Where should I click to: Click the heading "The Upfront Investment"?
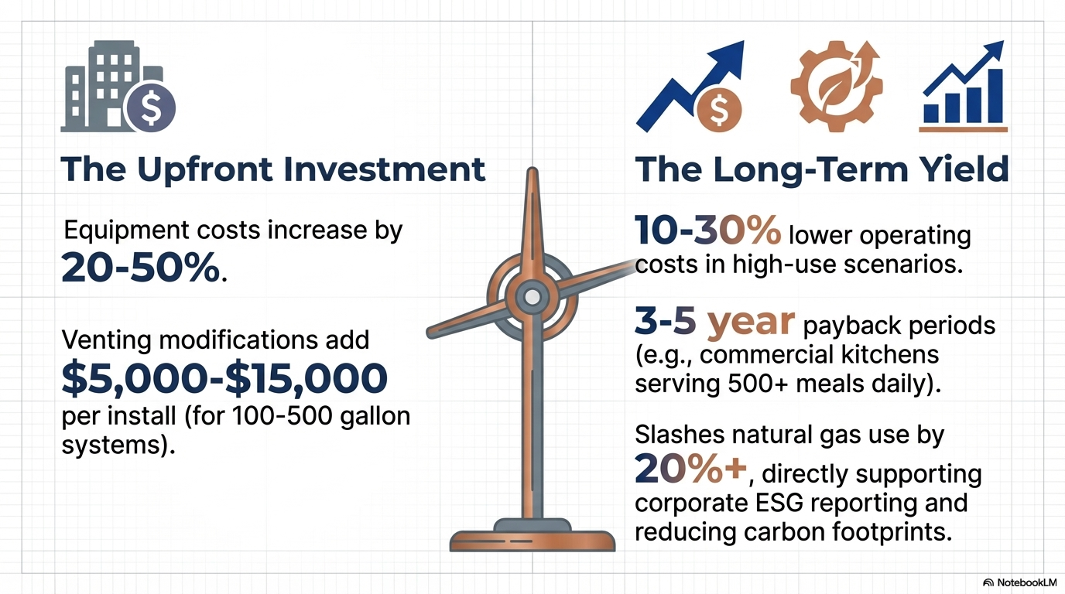coord(273,169)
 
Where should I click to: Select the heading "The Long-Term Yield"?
coord(821,169)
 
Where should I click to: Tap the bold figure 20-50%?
coord(141,268)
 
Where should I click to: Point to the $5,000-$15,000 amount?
coord(224,379)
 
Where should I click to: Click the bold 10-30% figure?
coord(707,230)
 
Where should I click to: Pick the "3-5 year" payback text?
coord(714,323)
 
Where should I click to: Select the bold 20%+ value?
coord(691,468)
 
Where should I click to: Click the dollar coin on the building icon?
coord(151,108)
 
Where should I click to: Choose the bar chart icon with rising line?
coord(964,87)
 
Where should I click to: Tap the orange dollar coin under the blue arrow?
coord(719,110)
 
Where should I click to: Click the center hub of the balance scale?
coord(532,297)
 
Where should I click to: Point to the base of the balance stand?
coord(532,536)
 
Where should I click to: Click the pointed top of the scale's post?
coord(532,169)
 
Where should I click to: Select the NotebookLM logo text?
coord(1026,582)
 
